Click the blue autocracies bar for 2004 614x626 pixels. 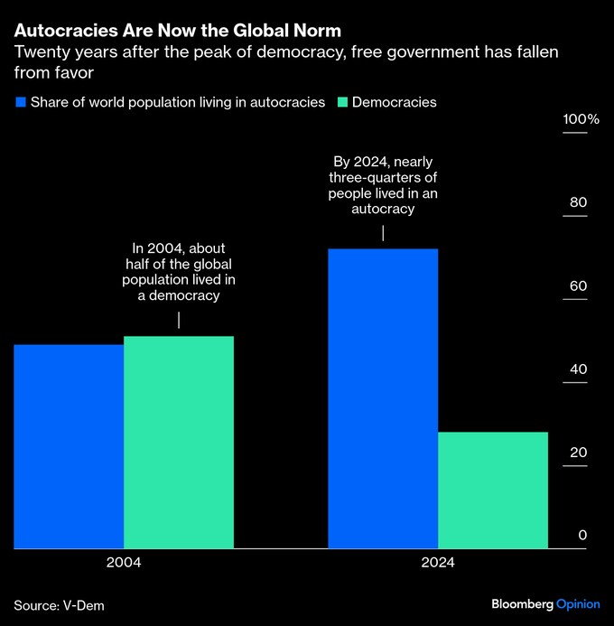pos(69,446)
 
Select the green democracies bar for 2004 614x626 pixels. pos(179,443)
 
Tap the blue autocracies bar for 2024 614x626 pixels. pos(383,398)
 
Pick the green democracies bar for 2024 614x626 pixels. pos(493,490)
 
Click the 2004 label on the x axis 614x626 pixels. pos(124,562)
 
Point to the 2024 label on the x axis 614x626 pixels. pos(438,562)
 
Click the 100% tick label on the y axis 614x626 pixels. pos(581,120)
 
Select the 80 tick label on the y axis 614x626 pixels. pos(579,203)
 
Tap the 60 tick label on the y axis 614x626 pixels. pos(579,286)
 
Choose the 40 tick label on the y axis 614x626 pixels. pos(579,369)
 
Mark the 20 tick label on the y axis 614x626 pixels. pos(579,453)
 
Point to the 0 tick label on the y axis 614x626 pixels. pos(582,536)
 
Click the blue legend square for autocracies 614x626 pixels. pos(20,102)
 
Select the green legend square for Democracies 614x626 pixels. pos(341,102)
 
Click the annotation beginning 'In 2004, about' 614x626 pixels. pos(179,272)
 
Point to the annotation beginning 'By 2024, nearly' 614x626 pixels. pos(383,185)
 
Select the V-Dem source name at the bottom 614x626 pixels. pos(83,604)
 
